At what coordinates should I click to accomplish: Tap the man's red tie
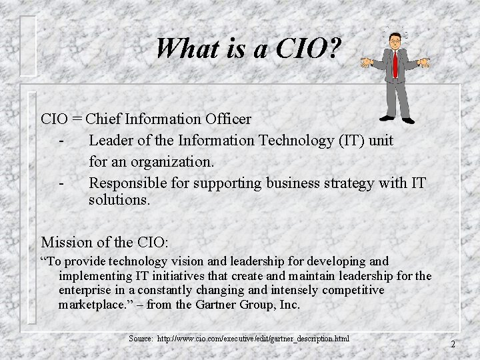click(x=395, y=64)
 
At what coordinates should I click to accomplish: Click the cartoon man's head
click(x=395, y=41)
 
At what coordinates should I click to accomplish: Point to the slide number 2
click(x=453, y=345)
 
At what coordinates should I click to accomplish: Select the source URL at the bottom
click(x=253, y=339)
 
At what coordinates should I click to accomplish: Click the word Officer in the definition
click(x=228, y=119)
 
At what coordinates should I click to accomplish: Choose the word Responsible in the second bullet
click(x=126, y=183)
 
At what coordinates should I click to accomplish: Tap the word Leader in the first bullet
click(x=111, y=141)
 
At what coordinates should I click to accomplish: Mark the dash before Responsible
click(x=61, y=183)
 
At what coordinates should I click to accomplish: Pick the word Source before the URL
click(x=141, y=339)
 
